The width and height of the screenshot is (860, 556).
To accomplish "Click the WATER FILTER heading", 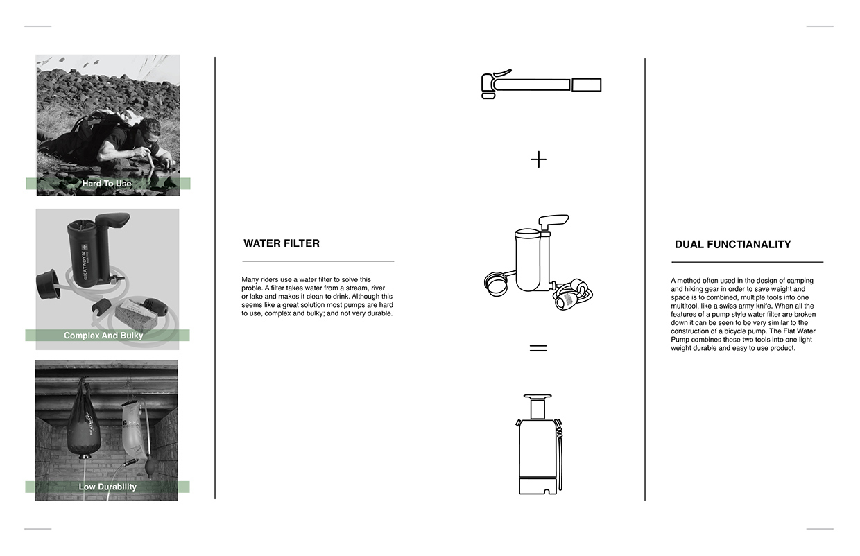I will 281,243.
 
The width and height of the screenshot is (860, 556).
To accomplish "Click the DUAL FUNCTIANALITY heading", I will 732,244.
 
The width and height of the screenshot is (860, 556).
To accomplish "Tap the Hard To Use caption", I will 107,184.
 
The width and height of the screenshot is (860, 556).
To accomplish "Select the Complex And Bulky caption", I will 103,336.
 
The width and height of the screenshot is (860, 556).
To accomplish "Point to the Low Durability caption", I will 108,487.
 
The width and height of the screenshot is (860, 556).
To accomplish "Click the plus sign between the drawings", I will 538,160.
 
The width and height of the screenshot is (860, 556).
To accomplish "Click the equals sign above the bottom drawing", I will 538,348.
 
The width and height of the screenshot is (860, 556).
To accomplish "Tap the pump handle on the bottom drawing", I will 537,398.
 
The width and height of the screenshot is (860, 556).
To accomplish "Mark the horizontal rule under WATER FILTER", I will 318,261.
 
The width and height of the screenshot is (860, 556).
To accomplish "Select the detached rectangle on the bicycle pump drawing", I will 587,85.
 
